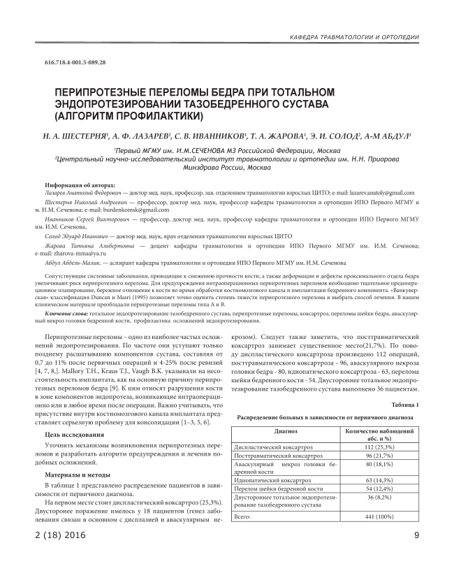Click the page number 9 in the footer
[416, 535]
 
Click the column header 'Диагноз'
[275, 431]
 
